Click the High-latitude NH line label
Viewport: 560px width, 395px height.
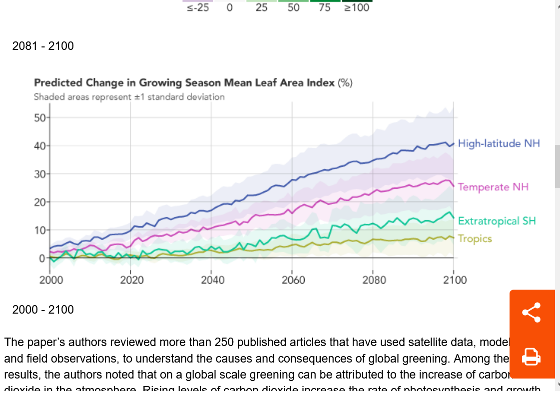tap(499, 144)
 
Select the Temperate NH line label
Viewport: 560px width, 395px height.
tap(493, 187)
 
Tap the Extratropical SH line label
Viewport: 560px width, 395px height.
tap(497, 221)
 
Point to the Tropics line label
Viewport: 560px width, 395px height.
tap(475, 239)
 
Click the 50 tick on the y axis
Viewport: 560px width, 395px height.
tap(39, 118)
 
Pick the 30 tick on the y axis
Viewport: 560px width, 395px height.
tap(39, 174)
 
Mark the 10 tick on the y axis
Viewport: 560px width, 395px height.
tap(39, 230)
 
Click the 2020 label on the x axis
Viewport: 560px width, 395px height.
tap(131, 280)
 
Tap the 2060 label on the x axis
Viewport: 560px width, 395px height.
tap(293, 280)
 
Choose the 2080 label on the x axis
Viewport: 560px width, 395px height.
tap(374, 280)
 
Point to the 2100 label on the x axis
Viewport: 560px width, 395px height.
tap(454, 280)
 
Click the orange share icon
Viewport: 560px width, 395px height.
tap(531, 313)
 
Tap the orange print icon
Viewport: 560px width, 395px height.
tap(531, 357)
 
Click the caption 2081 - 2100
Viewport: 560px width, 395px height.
tap(43, 46)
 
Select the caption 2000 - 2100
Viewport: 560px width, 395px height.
tap(43, 310)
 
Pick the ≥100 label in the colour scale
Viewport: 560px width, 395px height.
tap(357, 8)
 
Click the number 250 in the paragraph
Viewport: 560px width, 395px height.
tap(224, 343)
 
